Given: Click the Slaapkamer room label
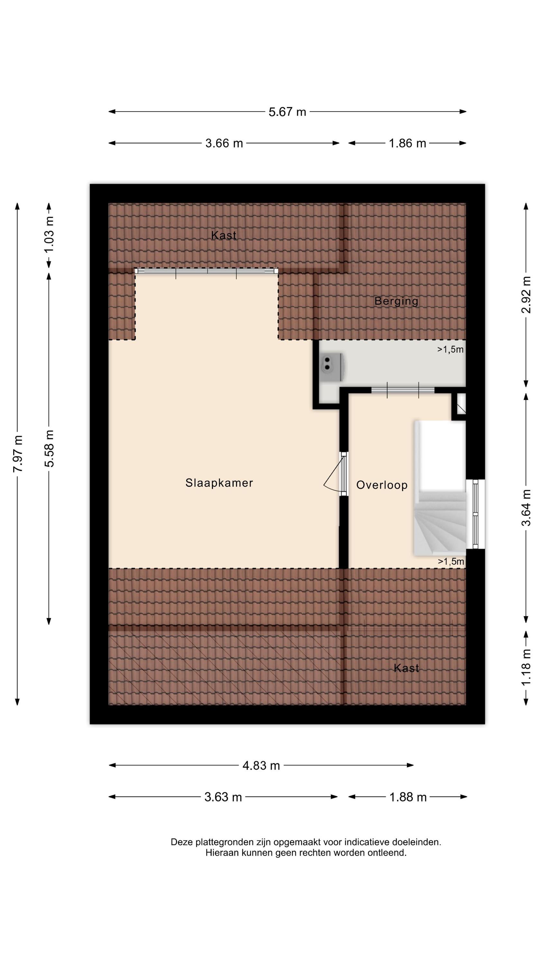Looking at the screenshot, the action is pos(219,483).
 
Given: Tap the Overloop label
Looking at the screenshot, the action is pos(382,485).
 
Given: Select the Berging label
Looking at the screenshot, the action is pos(396,301).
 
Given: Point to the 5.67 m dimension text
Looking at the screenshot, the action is pos(287,112).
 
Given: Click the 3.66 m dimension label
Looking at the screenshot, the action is pos(224,143).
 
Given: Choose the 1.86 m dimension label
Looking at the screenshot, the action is pos(407,143).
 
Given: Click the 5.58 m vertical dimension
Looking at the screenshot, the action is pos(49,448).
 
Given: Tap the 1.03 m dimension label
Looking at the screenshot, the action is pos(49,234).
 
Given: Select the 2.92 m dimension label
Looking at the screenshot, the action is pos(527,294).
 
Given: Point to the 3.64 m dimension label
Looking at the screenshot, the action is pos(527,507).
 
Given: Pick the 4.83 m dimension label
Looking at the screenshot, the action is pos(261,765).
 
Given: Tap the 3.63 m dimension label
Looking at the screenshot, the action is pos(223,797).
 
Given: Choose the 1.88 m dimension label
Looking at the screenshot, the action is pos(408,797).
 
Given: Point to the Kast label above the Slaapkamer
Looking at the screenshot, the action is pos(224,235).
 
